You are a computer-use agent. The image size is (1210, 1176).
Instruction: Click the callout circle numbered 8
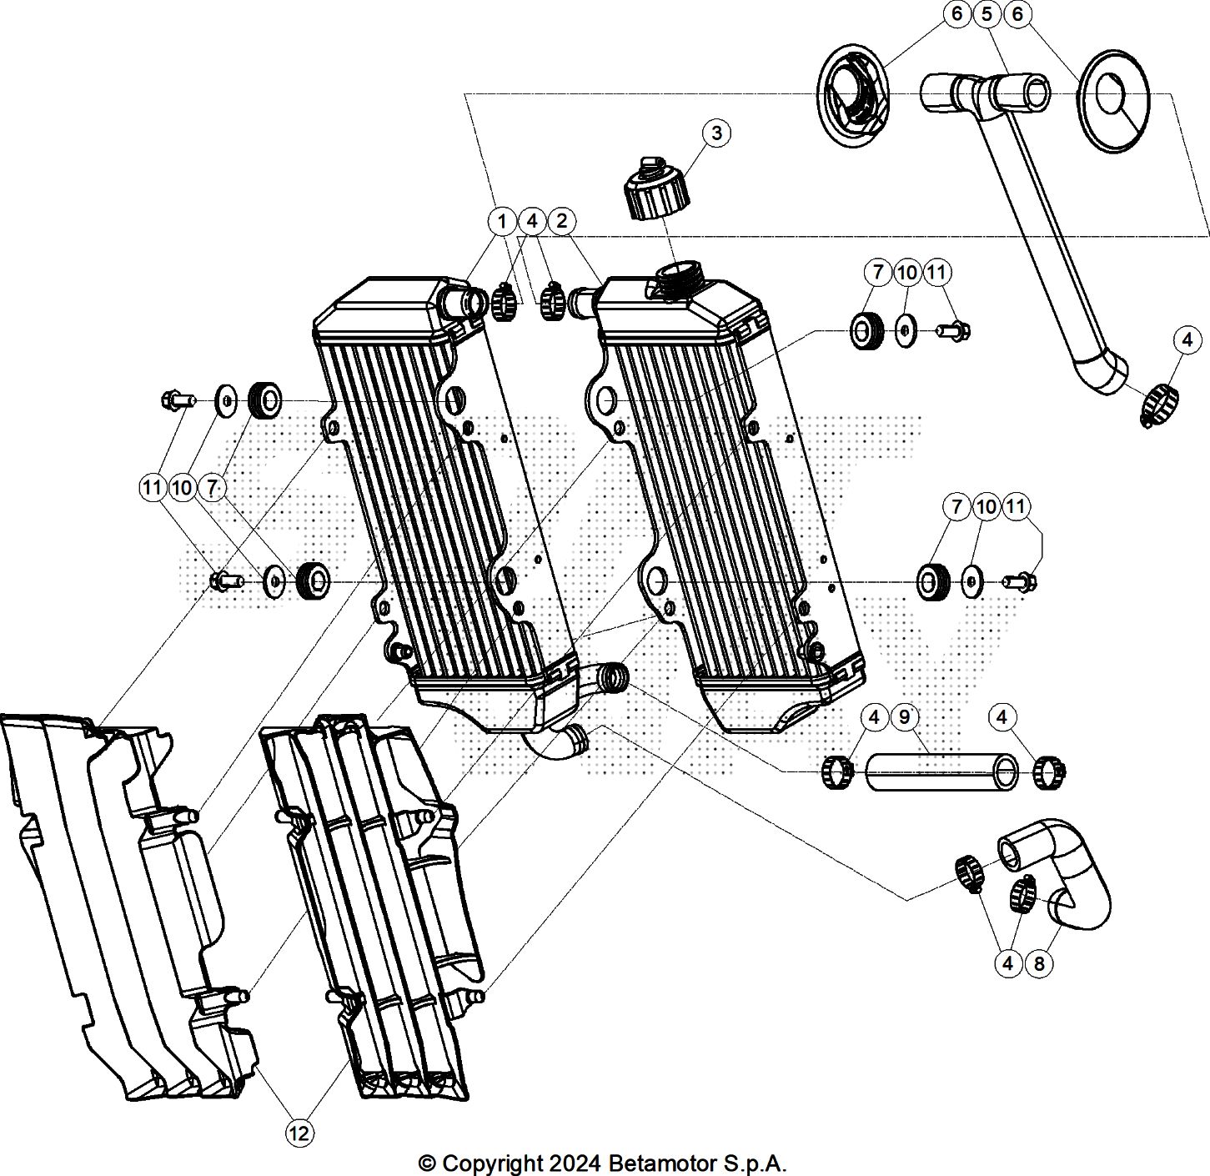tap(1039, 964)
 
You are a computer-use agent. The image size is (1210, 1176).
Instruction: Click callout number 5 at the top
tap(987, 14)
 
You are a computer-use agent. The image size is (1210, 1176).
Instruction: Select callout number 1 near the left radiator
tap(501, 221)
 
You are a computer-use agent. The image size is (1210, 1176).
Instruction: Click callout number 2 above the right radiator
tap(562, 221)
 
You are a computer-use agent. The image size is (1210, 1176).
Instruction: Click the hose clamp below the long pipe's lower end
tap(1159, 404)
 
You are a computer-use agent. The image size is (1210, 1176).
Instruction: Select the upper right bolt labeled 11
tap(952, 332)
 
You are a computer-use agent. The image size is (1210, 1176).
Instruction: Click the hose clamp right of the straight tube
tap(1048, 771)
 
